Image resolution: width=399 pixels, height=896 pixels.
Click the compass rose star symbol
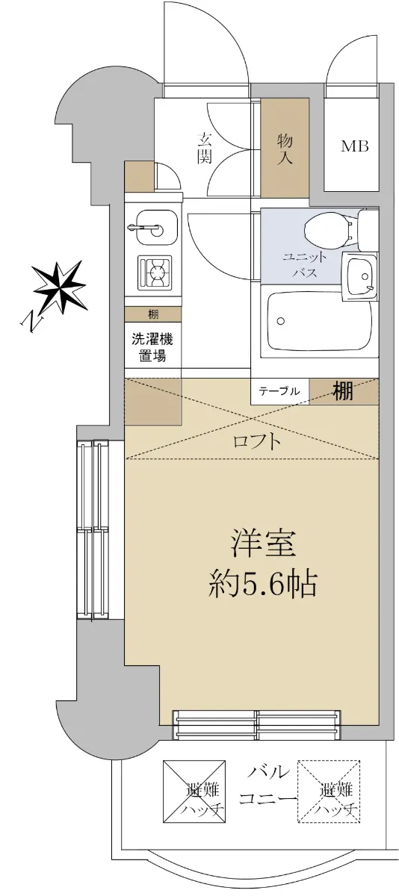[x=61, y=287]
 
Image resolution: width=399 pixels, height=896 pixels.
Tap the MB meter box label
[x=354, y=146]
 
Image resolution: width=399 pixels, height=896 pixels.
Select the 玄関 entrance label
[x=204, y=149]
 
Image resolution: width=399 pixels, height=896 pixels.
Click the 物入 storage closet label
[x=285, y=149]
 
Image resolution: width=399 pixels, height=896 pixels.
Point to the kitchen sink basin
[x=156, y=228]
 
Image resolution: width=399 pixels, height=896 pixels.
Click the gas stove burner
[x=155, y=273]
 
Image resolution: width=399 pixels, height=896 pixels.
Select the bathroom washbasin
[x=359, y=277]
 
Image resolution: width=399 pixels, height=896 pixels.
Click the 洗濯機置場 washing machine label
[x=152, y=348]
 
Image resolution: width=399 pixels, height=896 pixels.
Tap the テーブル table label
[x=279, y=391]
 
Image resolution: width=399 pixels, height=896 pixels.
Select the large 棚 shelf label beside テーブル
[x=343, y=391]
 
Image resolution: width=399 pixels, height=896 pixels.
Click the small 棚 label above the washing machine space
[x=153, y=314]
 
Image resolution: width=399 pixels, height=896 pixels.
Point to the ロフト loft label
[x=256, y=442]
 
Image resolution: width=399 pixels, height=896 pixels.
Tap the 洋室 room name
[x=263, y=544]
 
